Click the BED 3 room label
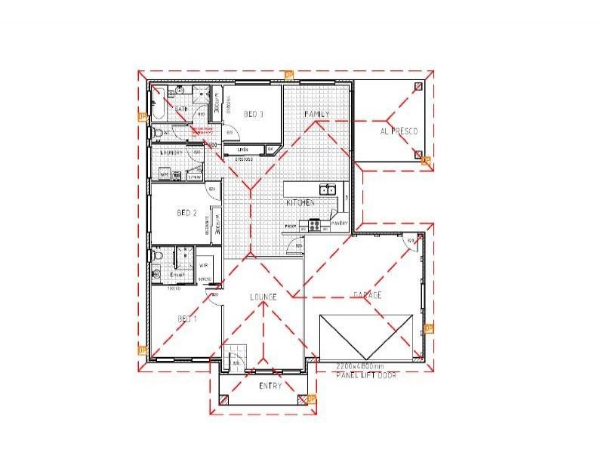[x=254, y=115]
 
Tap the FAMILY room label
[x=317, y=114]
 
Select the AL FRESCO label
[x=400, y=131]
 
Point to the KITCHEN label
[x=300, y=204]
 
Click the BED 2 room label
[x=186, y=214]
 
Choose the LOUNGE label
[x=263, y=297]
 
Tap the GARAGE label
[x=367, y=295]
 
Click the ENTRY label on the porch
[x=270, y=386]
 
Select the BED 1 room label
[x=186, y=319]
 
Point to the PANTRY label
[x=339, y=224]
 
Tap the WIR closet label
[x=204, y=267]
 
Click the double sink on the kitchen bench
[x=328, y=190]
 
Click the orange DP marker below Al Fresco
[x=425, y=161]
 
